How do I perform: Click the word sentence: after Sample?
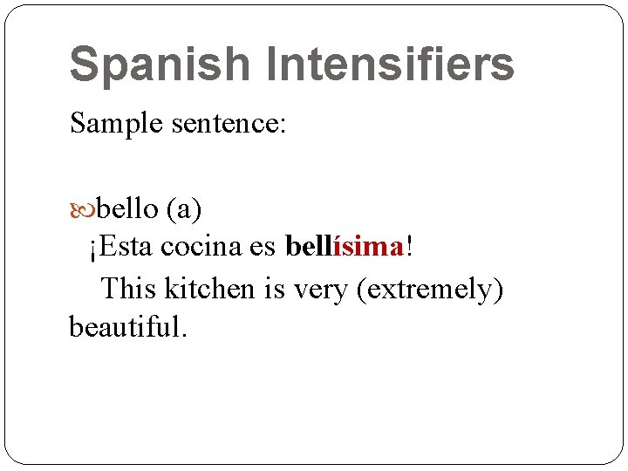pyautogui.click(x=229, y=123)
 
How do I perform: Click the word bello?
pyautogui.click(x=127, y=209)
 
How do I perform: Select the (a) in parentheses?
pyautogui.click(x=184, y=209)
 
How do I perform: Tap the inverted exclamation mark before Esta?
pyautogui.click(x=92, y=249)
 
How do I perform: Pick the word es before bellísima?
pyautogui.click(x=263, y=248)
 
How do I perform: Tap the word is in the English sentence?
pyautogui.click(x=276, y=288)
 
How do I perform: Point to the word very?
pyautogui.click(x=321, y=290)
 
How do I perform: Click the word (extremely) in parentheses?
pyautogui.click(x=430, y=290)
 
